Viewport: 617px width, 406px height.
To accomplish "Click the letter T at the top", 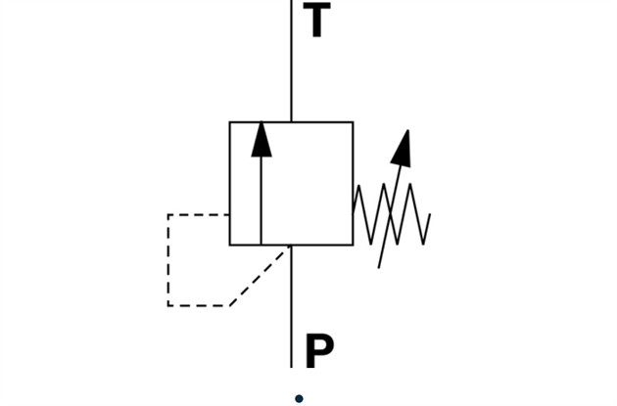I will pos(316,21).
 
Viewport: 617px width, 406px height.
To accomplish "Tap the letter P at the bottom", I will pos(319,350).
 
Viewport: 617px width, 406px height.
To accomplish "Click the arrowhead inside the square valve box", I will pos(261,139).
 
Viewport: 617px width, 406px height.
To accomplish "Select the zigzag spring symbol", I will pos(391,214).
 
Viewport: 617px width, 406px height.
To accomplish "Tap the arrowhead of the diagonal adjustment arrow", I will pos(402,147).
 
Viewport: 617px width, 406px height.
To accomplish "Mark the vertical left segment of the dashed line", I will pos(168,260).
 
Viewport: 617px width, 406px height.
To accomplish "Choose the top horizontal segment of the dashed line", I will pos(199,214).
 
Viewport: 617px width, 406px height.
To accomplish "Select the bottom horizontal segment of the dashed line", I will pos(199,305).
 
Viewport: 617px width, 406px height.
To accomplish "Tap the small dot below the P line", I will pos(299,398).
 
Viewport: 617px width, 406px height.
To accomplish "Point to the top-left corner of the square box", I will pos(230,122).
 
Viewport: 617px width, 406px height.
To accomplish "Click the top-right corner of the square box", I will pos(353,122).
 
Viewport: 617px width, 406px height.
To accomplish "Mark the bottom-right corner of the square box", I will pos(353,245).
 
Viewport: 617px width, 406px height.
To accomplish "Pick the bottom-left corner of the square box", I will pos(230,245).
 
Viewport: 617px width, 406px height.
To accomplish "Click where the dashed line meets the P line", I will pos(290,248).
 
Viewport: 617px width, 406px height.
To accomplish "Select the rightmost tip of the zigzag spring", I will pos(430,214).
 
